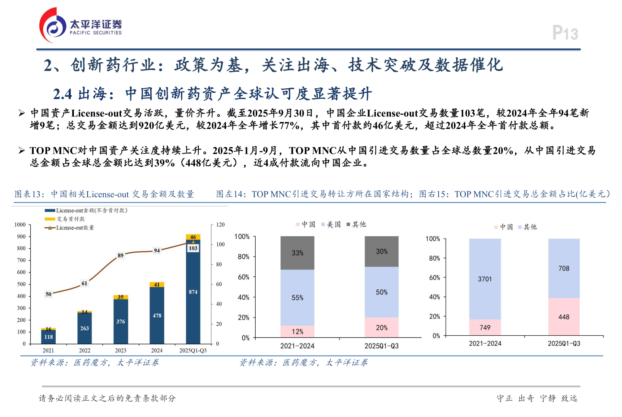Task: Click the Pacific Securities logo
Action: point(81,26)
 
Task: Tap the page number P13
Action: point(565,33)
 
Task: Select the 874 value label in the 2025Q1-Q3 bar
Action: point(193,292)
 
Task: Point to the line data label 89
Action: point(121,255)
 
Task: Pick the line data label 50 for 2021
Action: point(48,294)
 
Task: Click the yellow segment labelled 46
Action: point(193,237)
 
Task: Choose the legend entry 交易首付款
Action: point(70,219)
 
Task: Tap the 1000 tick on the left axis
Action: point(20,225)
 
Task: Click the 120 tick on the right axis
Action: point(220,225)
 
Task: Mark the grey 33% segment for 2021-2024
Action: point(297,253)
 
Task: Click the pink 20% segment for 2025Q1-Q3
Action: point(381,328)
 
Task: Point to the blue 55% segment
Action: point(297,298)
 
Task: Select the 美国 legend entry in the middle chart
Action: point(333,224)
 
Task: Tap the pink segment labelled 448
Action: point(564,317)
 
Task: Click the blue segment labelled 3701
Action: point(485,279)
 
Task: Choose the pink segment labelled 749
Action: point(485,327)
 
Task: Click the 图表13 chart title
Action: point(104,194)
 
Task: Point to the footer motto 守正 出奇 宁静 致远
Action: point(536,398)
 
